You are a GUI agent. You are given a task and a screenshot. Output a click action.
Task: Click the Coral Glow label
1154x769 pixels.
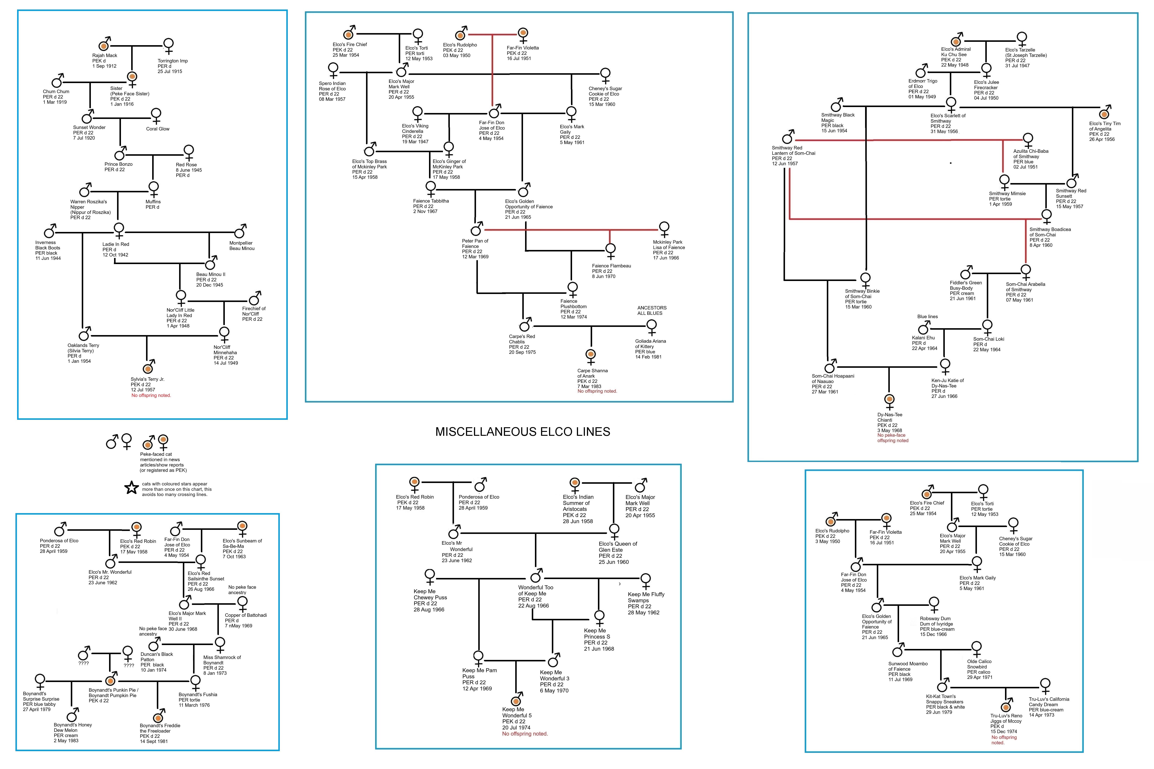tap(157, 129)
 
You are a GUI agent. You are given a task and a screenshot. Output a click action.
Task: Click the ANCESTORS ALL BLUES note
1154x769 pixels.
tap(652, 311)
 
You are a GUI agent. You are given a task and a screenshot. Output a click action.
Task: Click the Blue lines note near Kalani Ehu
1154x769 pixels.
tap(928, 316)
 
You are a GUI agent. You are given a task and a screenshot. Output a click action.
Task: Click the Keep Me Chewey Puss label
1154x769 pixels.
tap(430, 600)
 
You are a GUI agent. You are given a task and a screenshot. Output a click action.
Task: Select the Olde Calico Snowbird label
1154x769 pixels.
tap(979, 669)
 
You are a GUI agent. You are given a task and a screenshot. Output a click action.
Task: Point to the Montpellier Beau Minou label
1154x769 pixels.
tap(242, 246)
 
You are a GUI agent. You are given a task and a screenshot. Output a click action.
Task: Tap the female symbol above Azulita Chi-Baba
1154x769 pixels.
tap(1028, 139)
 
